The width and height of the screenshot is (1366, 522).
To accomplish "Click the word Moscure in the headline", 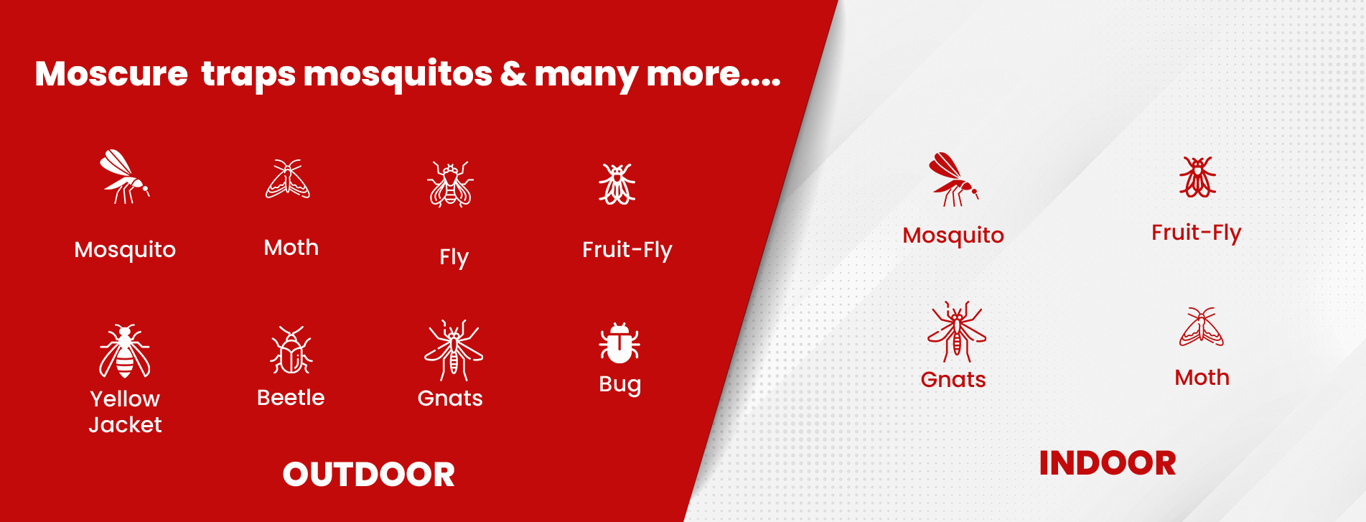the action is (111, 73).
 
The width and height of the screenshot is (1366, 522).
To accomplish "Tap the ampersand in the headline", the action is (513, 73).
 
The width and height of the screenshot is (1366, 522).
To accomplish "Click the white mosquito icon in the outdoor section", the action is (125, 177).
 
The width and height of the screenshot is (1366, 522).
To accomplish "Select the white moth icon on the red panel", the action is (288, 179).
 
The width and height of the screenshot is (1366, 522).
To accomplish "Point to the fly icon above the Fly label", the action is (451, 184).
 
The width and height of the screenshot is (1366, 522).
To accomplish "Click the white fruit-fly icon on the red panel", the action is (617, 184).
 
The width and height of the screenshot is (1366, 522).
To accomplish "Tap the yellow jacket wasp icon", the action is (125, 351).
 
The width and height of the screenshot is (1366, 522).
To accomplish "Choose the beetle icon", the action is (291, 350).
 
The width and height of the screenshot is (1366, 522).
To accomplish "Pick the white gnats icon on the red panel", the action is (454, 350).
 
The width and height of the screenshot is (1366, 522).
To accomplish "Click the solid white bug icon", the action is (619, 342).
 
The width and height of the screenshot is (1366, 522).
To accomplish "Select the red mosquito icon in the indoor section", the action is (953, 180).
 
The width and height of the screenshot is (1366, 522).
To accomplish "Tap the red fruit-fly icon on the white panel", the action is (1197, 177).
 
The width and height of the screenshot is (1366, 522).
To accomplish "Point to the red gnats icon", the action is (957, 332).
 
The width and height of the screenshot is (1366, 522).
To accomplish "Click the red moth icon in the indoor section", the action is (1202, 327).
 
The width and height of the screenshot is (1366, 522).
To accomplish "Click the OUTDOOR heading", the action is (369, 475).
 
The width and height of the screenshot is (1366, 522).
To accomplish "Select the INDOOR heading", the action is (1108, 463).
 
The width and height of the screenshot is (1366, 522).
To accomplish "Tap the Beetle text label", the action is (291, 398).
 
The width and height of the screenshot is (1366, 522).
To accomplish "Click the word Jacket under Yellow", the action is (125, 425).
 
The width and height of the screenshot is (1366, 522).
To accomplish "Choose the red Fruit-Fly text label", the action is (1197, 233).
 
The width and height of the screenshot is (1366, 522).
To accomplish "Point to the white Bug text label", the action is (620, 385).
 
